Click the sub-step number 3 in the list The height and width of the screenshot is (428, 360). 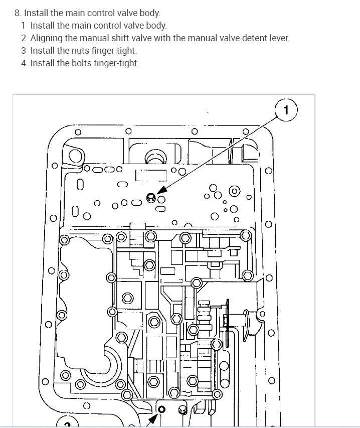tap(23, 51)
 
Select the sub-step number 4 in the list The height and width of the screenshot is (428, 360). tap(23, 63)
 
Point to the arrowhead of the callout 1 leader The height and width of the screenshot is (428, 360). tap(159, 193)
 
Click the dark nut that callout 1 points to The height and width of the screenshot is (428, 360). tap(150, 197)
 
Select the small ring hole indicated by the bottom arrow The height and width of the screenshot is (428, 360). tap(160, 409)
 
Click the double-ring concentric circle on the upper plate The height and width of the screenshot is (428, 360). tap(233, 191)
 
